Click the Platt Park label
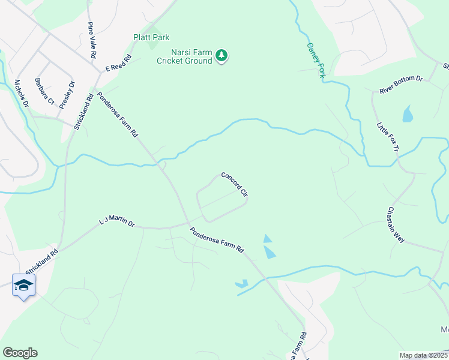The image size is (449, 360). click(151, 37)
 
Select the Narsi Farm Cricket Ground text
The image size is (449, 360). click(184, 56)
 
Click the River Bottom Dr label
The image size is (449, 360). click(401, 85)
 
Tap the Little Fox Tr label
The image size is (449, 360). click(387, 136)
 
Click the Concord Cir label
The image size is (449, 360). click(235, 185)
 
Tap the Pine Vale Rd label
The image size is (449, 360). click(92, 40)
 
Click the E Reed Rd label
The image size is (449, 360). click(118, 64)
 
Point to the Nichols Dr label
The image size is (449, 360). click(21, 93)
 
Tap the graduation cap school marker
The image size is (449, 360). click(23, 285)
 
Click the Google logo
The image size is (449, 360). click(20, 353)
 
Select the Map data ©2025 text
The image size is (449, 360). click(423, 355)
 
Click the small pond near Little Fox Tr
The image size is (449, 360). click(408, 113)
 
